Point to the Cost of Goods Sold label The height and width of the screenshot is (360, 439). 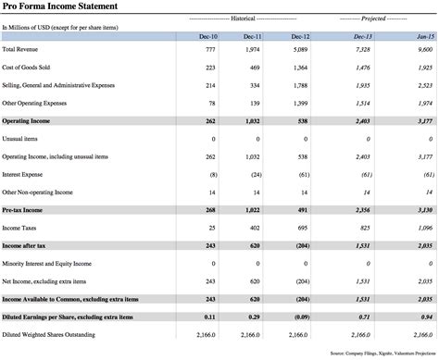coord(24,68)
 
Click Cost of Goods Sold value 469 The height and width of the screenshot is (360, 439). coord(255,68)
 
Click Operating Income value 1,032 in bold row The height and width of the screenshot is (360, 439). coord(252,120)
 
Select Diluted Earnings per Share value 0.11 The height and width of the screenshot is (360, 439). coord(209,317)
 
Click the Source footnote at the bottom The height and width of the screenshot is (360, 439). coord(382,353)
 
